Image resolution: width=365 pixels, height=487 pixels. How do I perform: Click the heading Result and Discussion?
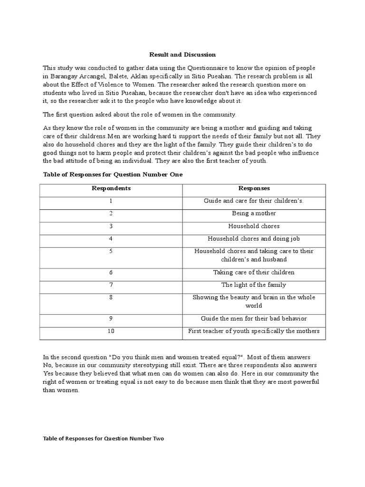tap(182, 55)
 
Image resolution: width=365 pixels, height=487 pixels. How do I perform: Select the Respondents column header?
tap(111, 188)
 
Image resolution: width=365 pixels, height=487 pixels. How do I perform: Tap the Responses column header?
tap(254, 188)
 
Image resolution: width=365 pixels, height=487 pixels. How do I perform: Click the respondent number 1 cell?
tap(111, 201)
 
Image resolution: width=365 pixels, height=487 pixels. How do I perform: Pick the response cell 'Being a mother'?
tap(254, 214)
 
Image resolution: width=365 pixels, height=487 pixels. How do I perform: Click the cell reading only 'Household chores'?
tap(254, 226)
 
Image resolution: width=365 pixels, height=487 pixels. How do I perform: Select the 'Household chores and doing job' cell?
tap(254, 239)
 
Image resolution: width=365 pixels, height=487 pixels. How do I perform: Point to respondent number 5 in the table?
tap(111, 251)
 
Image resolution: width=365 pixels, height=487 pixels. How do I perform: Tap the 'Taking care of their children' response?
tap(254, 273)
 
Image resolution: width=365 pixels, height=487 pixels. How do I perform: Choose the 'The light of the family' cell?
tap(254, 285)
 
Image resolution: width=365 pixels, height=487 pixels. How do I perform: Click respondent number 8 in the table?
tap(111, 297)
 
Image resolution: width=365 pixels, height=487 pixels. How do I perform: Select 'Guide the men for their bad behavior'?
tap(254, 318)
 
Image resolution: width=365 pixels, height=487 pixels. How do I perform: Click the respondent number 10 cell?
tap(111, 331)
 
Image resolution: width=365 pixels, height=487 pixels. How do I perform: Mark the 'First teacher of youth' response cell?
tap(254, 331)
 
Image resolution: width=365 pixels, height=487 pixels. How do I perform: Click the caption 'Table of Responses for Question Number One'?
tap(113, 175)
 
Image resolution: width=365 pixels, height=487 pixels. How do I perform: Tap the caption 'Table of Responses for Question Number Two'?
tap(103, 438)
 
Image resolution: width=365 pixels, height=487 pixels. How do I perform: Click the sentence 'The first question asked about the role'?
tap(139, 115)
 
